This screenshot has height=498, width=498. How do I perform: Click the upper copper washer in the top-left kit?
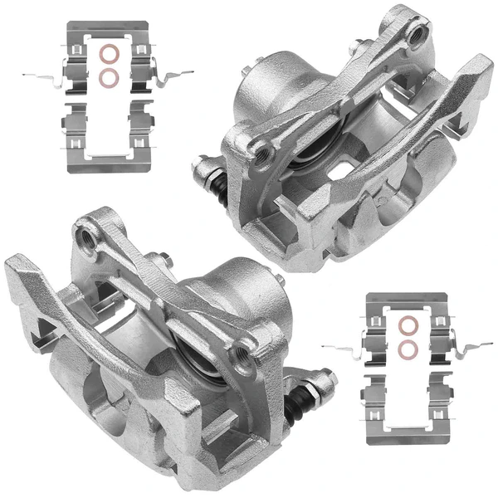pyautogui.click(x=107, y=56)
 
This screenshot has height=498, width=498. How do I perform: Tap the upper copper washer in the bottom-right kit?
pyautogui.click(x=408, y=325)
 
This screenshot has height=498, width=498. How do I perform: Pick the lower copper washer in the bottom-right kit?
pyautogui.click(x=408, y=348)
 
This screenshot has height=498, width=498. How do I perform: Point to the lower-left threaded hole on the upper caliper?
pyautogui.click(x=265, y=150)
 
